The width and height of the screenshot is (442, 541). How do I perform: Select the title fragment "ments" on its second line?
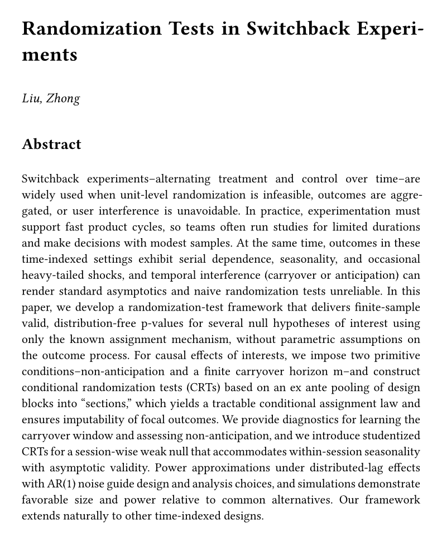pos(50,55)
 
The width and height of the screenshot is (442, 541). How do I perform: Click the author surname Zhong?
pos(63,99)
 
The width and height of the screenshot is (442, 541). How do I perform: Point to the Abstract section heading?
pos(51,144)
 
